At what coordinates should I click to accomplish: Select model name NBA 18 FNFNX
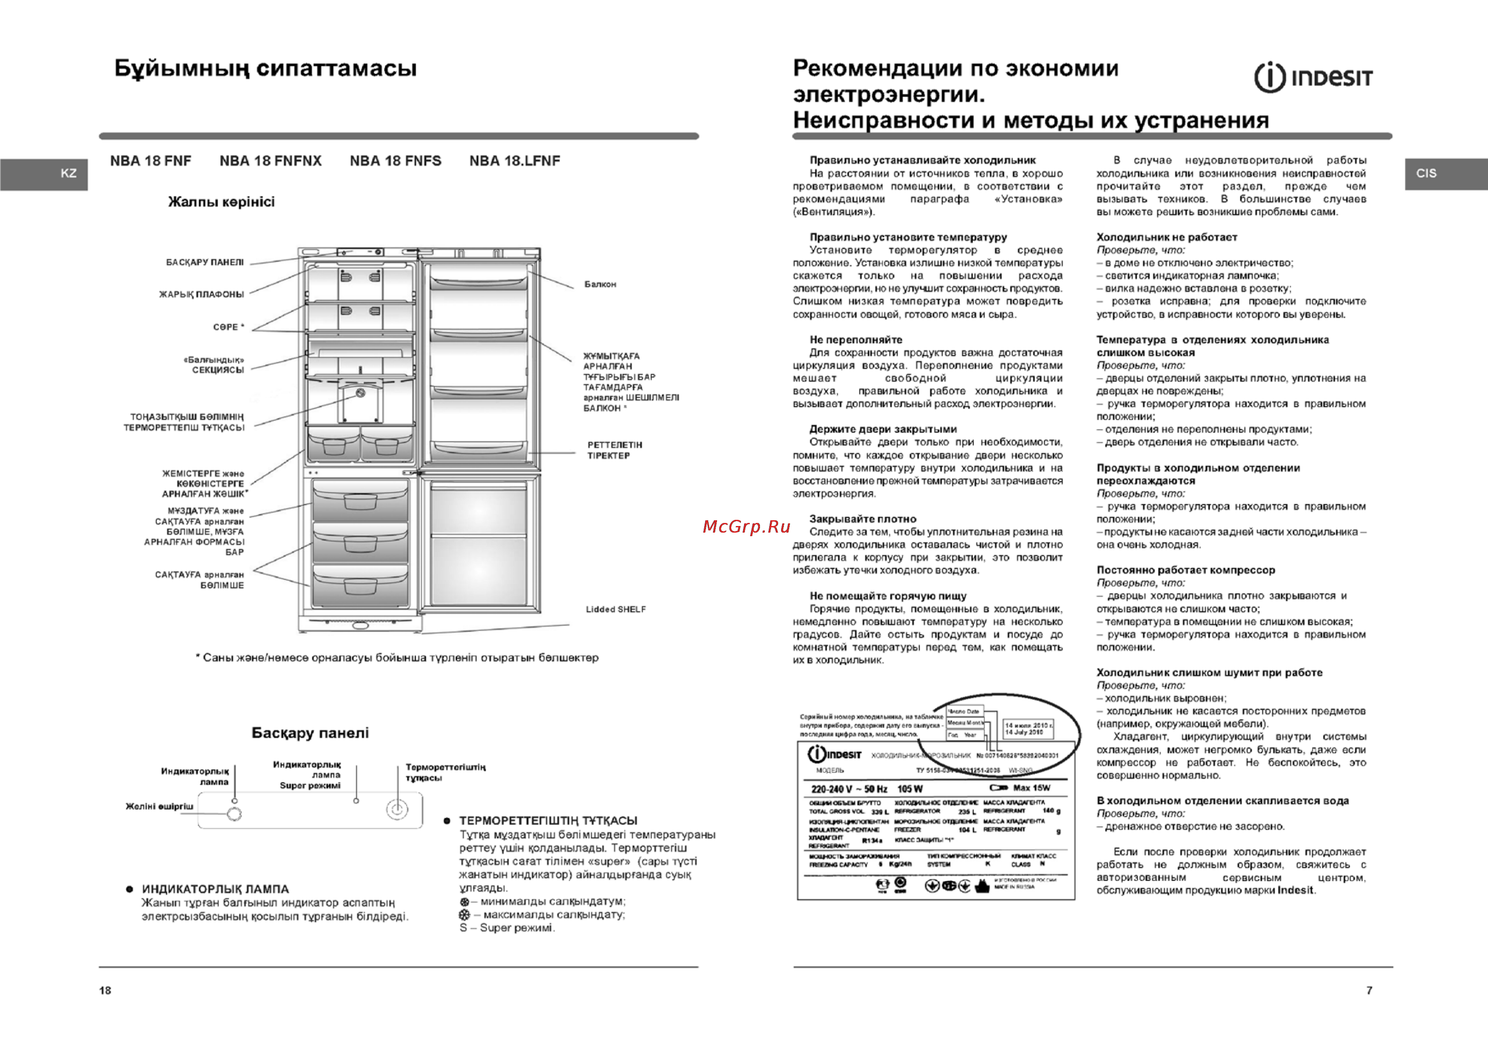click(x=270, y=161)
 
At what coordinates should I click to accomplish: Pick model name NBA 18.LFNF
click(x=514, y=161)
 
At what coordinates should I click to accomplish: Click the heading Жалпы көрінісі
click(x=221, y=202)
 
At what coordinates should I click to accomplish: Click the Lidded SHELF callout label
click(x=616, y=609)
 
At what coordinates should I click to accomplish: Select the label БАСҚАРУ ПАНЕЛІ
click(x=205, y=262)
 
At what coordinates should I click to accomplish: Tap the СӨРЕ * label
click(x=229, y=327)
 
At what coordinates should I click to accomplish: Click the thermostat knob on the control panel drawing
click(x=397, y=809)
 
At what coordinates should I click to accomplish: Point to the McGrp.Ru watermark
click(x=747, y=526)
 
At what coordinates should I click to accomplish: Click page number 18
click(x=105, y=990)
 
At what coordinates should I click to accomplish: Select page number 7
click(x=1369, y=990)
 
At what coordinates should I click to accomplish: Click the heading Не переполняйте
click(x=855, y=340)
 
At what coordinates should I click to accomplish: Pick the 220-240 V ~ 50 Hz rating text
click(x=849, y=789)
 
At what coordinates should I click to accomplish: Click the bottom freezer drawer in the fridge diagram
click(x=360, y=586)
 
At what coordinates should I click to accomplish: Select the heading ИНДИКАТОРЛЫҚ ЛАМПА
click(x=215, y=889)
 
